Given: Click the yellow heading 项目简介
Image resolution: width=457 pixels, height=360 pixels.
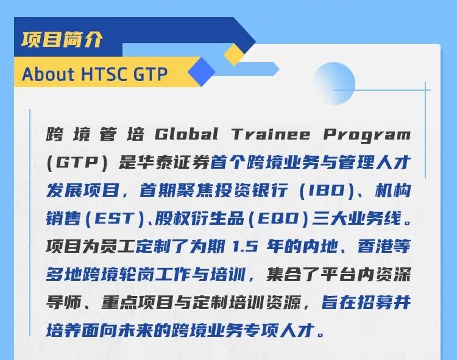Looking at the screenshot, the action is point(62,40).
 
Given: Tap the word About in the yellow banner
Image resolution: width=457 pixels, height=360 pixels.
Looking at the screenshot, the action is point(48,74).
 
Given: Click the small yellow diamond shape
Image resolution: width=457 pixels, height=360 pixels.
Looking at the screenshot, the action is point(234,55).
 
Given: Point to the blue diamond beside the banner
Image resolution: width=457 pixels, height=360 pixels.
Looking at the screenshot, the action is point(202,72).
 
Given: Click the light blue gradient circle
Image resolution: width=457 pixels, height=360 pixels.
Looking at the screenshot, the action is point(334,83).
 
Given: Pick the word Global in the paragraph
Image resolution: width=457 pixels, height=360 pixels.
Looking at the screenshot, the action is point(186,134).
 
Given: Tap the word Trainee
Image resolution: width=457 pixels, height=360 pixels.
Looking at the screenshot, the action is point(271,134).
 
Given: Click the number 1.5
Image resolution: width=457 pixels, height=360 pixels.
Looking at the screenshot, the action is point(245,247).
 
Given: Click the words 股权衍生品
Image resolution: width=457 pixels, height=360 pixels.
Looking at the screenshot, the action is point(200,219).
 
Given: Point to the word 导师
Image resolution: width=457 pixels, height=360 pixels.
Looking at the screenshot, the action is point(64,302).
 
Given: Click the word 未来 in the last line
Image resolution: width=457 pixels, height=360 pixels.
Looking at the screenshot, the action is point(135,330).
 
